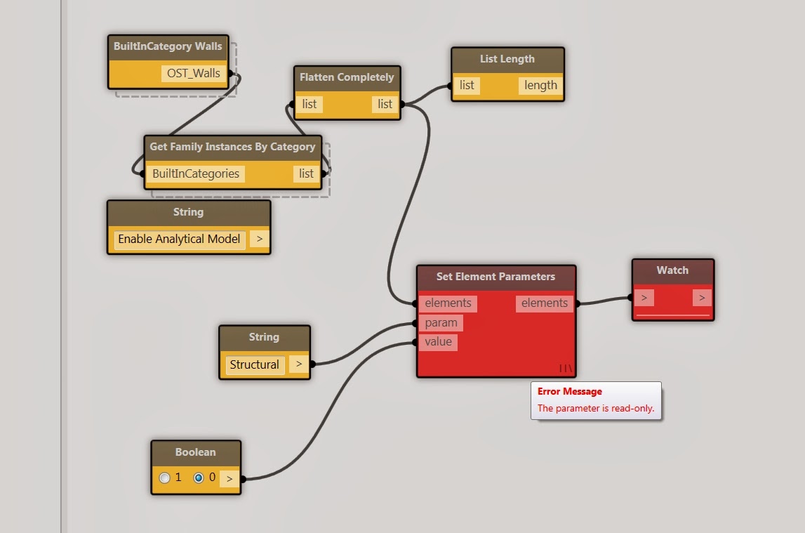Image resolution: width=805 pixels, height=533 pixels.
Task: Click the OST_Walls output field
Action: (193, 74)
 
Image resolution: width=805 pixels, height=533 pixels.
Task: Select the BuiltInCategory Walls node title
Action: (168, 46)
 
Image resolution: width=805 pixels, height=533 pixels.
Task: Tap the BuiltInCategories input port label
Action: (196, 173)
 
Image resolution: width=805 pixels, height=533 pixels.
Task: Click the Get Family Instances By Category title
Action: (232, 147)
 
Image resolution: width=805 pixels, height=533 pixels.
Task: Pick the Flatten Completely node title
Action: (347, 77)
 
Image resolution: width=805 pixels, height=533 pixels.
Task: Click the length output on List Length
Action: (540, 85)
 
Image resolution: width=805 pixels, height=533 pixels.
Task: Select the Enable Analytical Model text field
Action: (179, 239)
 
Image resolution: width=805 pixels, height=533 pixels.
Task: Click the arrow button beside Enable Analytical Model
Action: (259, 239)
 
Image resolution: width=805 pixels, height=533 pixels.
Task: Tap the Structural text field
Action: (254, 364)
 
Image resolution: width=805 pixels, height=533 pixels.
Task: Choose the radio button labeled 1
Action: (164, 478)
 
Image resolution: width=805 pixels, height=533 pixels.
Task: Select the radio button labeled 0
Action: (198, 478)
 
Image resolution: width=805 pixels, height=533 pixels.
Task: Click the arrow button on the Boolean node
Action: (229, 478)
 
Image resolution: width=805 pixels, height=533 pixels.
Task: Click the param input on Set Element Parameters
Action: (441, 322)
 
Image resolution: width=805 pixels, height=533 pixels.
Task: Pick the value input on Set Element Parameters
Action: (438, 342)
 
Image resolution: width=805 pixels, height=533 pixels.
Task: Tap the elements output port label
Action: (544, 303)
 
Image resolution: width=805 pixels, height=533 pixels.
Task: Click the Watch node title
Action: (672, 270)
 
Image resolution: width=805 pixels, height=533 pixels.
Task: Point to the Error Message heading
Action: (570, 391)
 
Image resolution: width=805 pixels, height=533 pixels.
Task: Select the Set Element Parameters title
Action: (496, 276)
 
